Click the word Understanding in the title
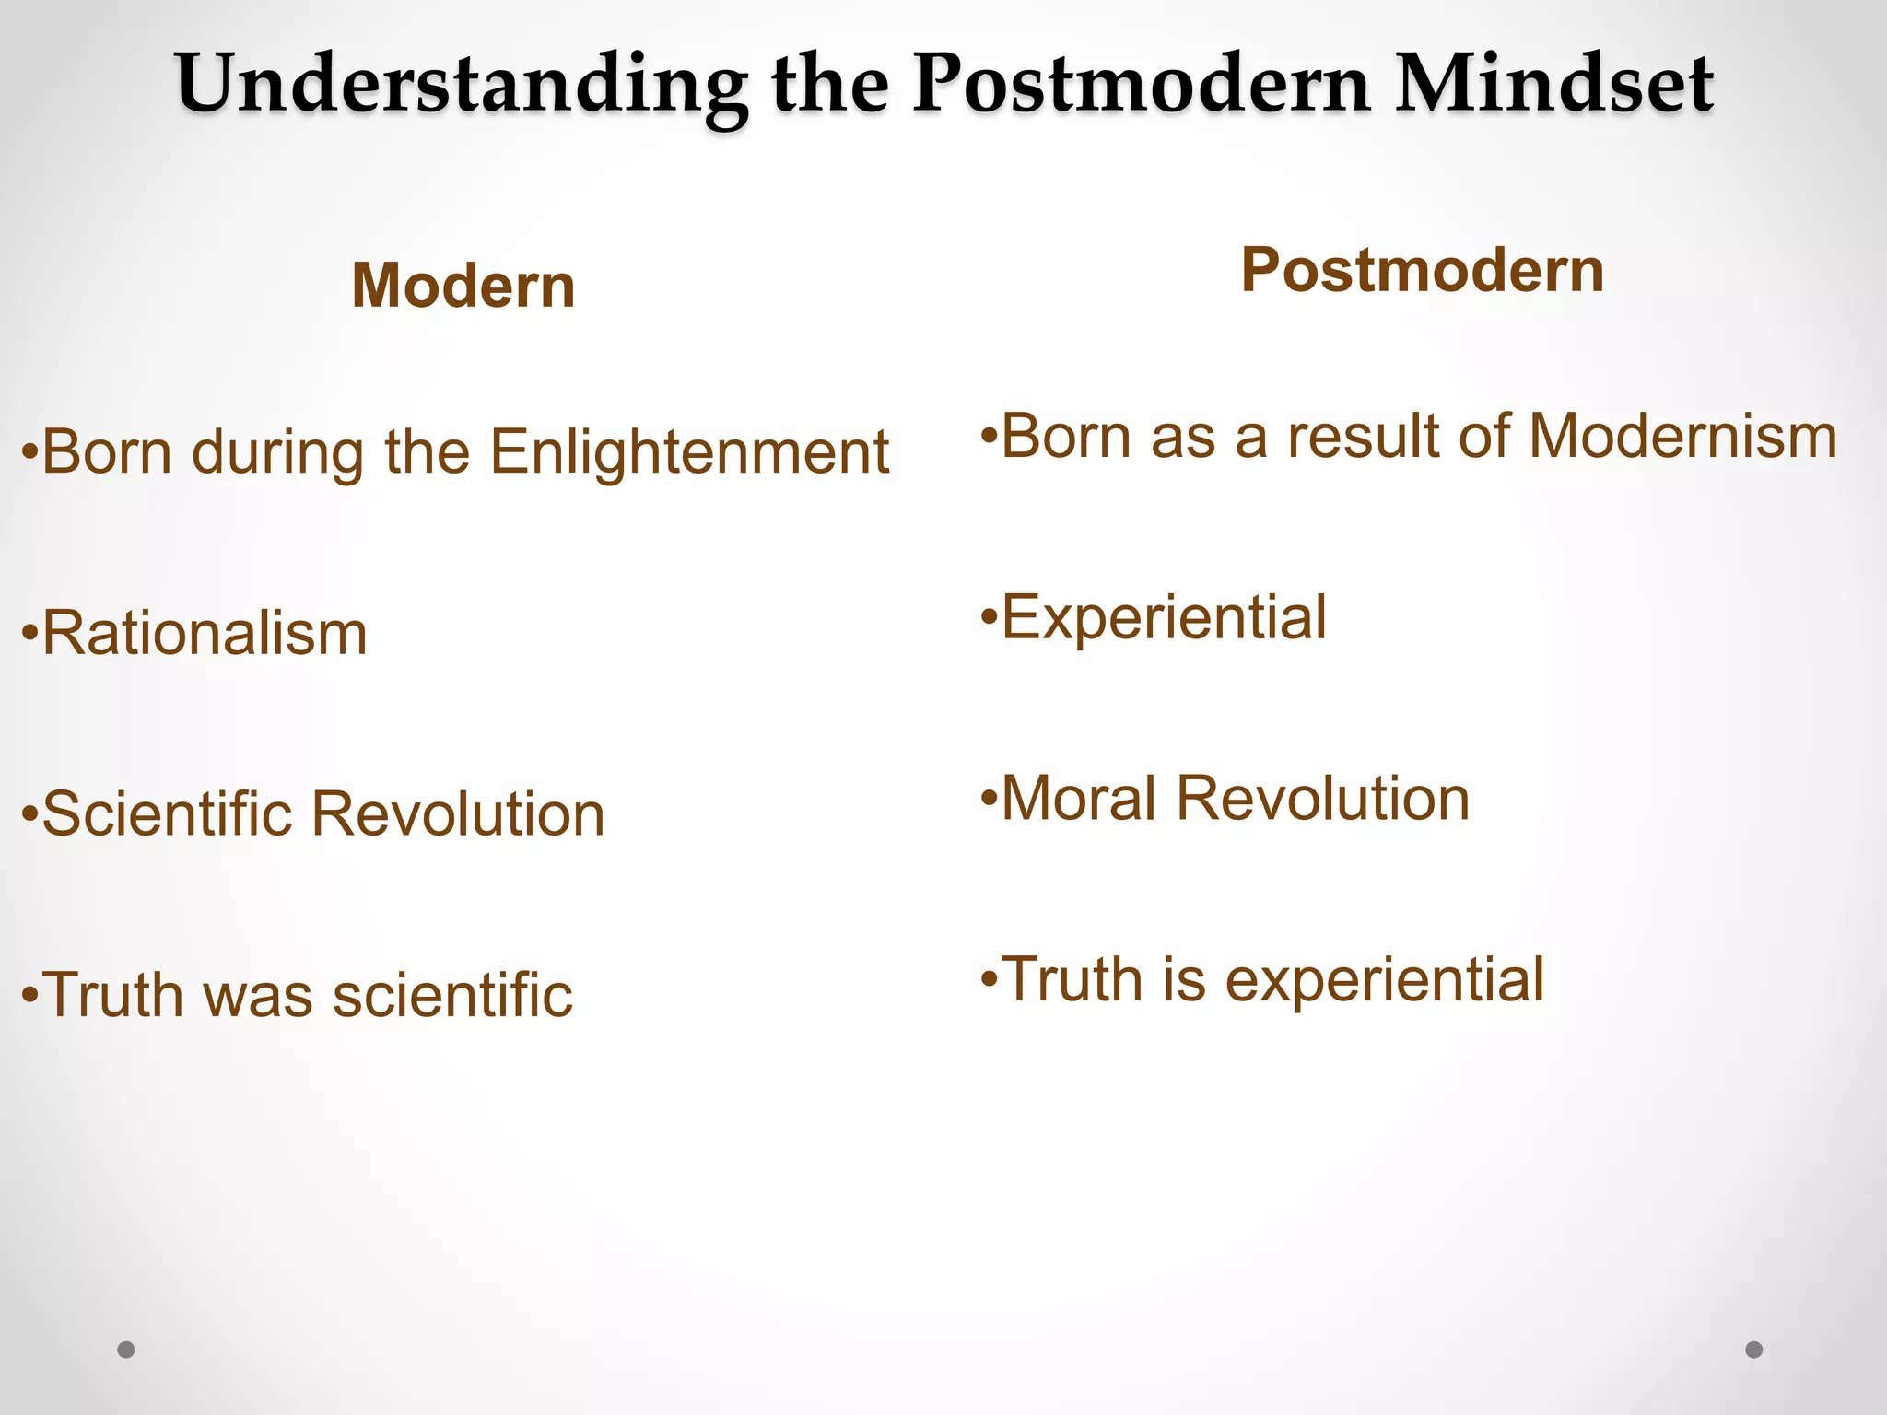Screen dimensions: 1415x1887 pos(461,85)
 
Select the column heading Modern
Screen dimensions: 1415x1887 pos(463,286)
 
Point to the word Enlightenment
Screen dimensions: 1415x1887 pos(689,452)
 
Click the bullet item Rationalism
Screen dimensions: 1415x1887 pos(205,634)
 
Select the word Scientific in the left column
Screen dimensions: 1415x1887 pos(166,814)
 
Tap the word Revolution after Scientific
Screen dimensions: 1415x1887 pos(458,814)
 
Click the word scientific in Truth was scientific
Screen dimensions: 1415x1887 pos(452,996)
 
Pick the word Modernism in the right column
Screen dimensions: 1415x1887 pos(1682,436)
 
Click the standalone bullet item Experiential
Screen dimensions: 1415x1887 pos(1163,617)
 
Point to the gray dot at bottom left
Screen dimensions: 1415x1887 pos(126,1350)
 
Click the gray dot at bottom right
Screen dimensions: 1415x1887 pos(1754,1350)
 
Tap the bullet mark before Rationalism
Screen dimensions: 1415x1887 pos(30,635)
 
